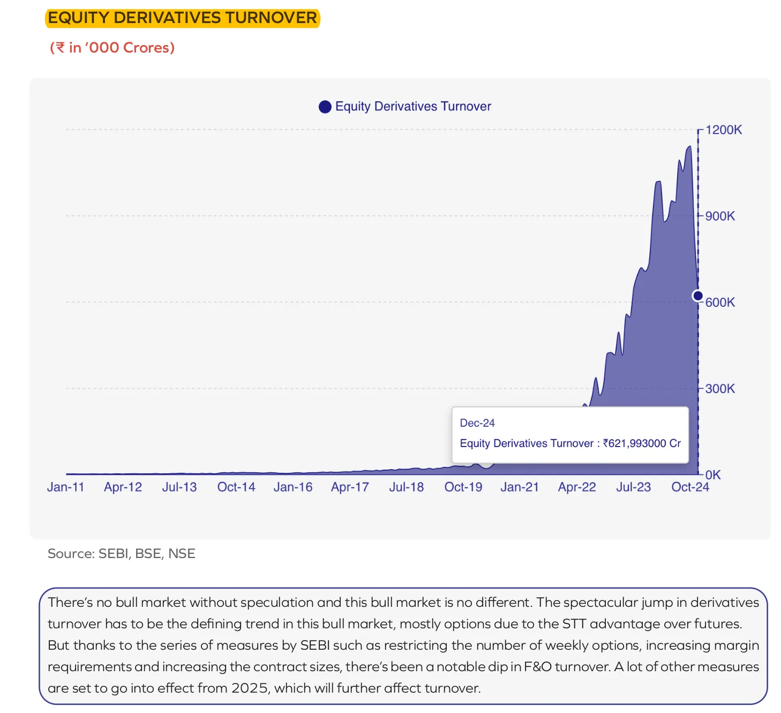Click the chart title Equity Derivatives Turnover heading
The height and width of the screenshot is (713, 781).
tap(182, 18)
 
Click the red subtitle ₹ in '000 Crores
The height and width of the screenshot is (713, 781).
tap(112, 48)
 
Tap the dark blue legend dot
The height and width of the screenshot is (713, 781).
tap(325, 107)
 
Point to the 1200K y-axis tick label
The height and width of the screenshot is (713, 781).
tap(724, 130)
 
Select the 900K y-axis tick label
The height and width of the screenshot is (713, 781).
tap(720, 216)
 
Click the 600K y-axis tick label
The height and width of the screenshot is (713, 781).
tap(720, 302)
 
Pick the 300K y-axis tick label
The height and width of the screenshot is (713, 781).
tap(720, 389)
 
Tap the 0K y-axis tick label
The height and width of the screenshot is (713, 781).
tap(713, 475)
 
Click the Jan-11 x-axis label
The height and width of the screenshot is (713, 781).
tap(66, 487)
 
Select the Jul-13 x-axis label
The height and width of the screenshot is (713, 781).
tap(179, 487)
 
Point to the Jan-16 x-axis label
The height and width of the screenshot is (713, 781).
tap(293, 487)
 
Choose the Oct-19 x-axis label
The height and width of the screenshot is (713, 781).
tap(463, 487)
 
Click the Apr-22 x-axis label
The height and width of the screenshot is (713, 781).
tap(577, 487)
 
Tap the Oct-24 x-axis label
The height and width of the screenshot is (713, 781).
tap(690, 487)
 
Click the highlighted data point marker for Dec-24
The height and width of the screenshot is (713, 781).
tap(698, 295)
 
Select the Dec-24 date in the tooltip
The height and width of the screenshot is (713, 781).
tap(477, 423)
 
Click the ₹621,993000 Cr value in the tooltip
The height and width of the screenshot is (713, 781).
tap(642, 443)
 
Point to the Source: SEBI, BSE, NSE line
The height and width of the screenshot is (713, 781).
tap(122, 554)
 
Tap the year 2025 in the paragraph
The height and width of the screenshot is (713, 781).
tap(249, 688)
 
